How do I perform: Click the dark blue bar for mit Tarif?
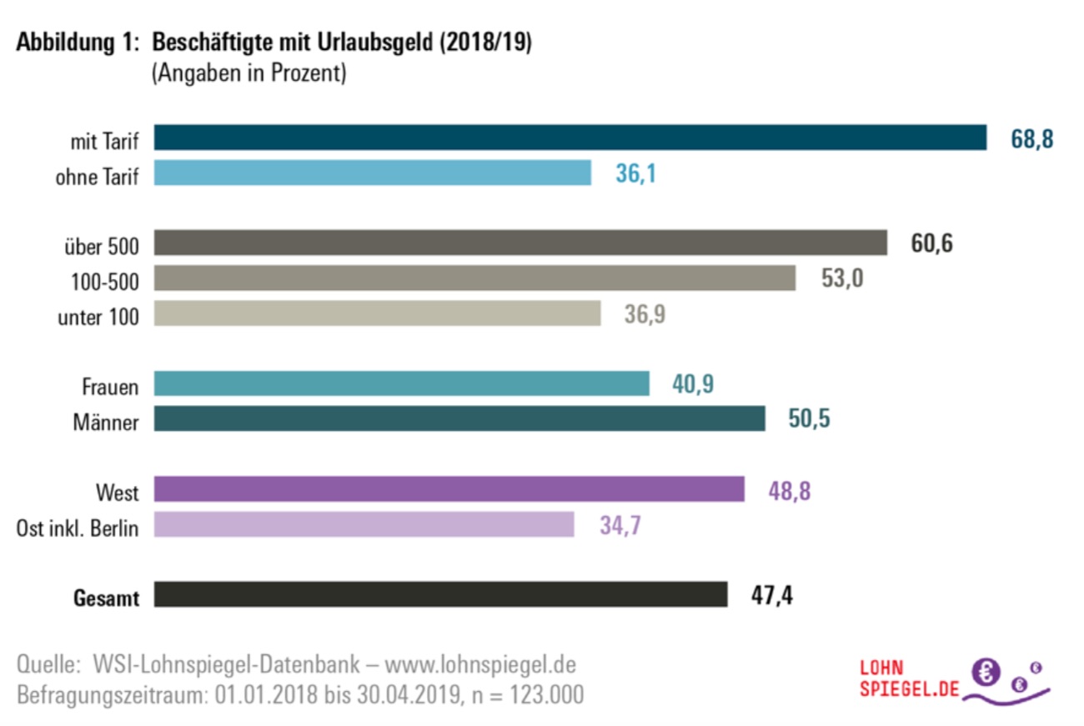pos(570,138)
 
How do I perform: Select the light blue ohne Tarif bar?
pos(373,173)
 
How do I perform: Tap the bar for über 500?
pos(520,243)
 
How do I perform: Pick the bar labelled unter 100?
pos(377,313)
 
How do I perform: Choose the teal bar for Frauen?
pos(401,383)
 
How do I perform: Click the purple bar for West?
pos(449,489)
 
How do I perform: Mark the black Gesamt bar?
pos(440,595)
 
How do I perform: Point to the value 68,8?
pos(1032,138)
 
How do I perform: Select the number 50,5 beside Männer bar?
pos(809,419)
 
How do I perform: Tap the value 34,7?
pos(620,525)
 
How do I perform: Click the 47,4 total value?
pos(771,596)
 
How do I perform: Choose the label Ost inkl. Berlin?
pos(78,527)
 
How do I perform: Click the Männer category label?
pos(106,422)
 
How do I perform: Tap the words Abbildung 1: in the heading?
pos(76,43)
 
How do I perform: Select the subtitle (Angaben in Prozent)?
pos(248,73)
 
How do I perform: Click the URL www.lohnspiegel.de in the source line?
pos(480,665)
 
